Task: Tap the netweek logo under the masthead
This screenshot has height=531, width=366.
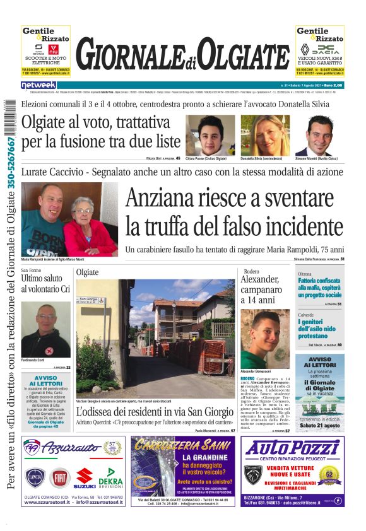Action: coord(39,85)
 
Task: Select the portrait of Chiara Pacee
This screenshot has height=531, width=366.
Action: coord(205,134)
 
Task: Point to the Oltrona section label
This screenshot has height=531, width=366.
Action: coord(305,273)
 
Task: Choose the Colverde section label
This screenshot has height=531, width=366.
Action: coord(306,314)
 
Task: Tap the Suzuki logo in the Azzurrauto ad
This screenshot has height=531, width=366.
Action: coord(85,478)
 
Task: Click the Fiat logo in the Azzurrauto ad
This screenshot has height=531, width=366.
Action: coord(61,478)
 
